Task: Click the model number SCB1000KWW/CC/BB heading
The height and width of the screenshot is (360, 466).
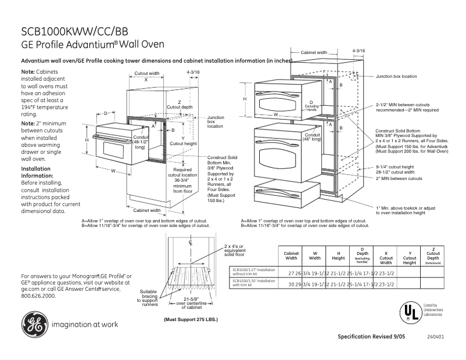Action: (x=76, y=31)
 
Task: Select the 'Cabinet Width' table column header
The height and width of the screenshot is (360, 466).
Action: (x=291, y=256)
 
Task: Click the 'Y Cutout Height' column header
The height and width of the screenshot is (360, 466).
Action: (x=410, y=256)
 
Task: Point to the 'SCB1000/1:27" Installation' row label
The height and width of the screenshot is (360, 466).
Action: (x=254, y=271)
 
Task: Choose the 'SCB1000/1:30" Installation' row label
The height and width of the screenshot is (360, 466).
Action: (x=254, y=283)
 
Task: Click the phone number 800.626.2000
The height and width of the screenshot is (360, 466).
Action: (x=38, y=296)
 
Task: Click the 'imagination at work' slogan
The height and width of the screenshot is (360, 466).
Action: (x=86, y=325)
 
